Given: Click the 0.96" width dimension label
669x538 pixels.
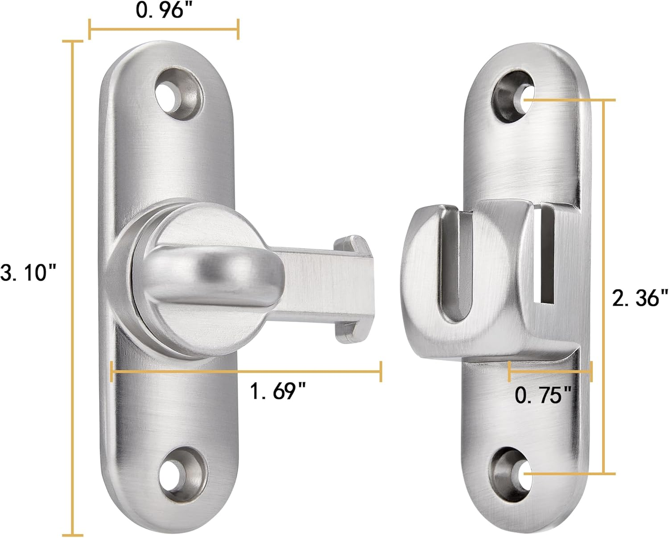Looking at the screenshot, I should [x=160, y=11].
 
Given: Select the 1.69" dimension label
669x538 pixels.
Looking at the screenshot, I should [x=277, y=392].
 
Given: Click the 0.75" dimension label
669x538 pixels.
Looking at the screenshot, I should [x=543, y=395].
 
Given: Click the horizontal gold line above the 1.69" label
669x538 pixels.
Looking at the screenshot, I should [x=245, y=371].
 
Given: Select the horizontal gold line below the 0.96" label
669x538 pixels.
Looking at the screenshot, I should [x=164, y=29].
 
